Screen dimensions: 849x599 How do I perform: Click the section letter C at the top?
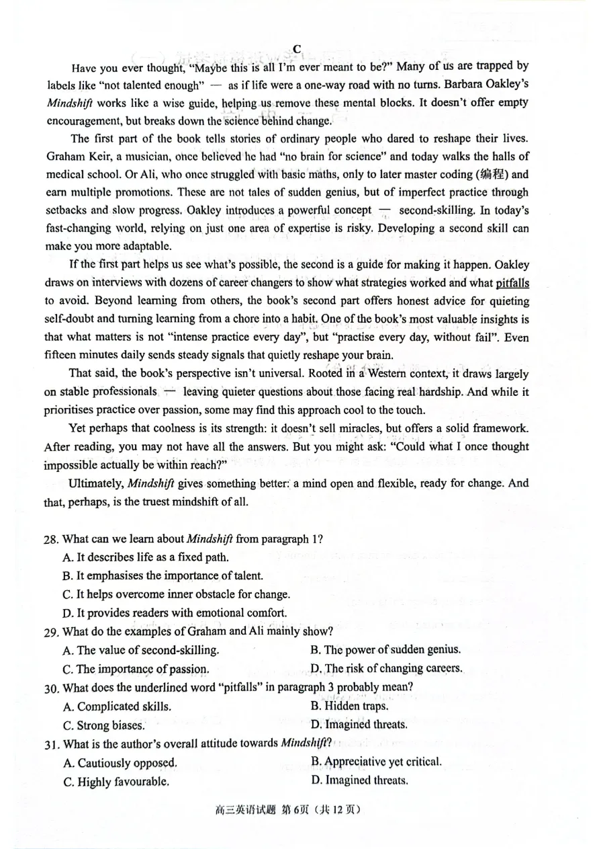(297, 49)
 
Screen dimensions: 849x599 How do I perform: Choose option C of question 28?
(176, 594)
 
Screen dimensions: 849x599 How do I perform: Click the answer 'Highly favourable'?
(116, 782)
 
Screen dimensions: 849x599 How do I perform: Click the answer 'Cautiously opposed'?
(120, 763)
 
